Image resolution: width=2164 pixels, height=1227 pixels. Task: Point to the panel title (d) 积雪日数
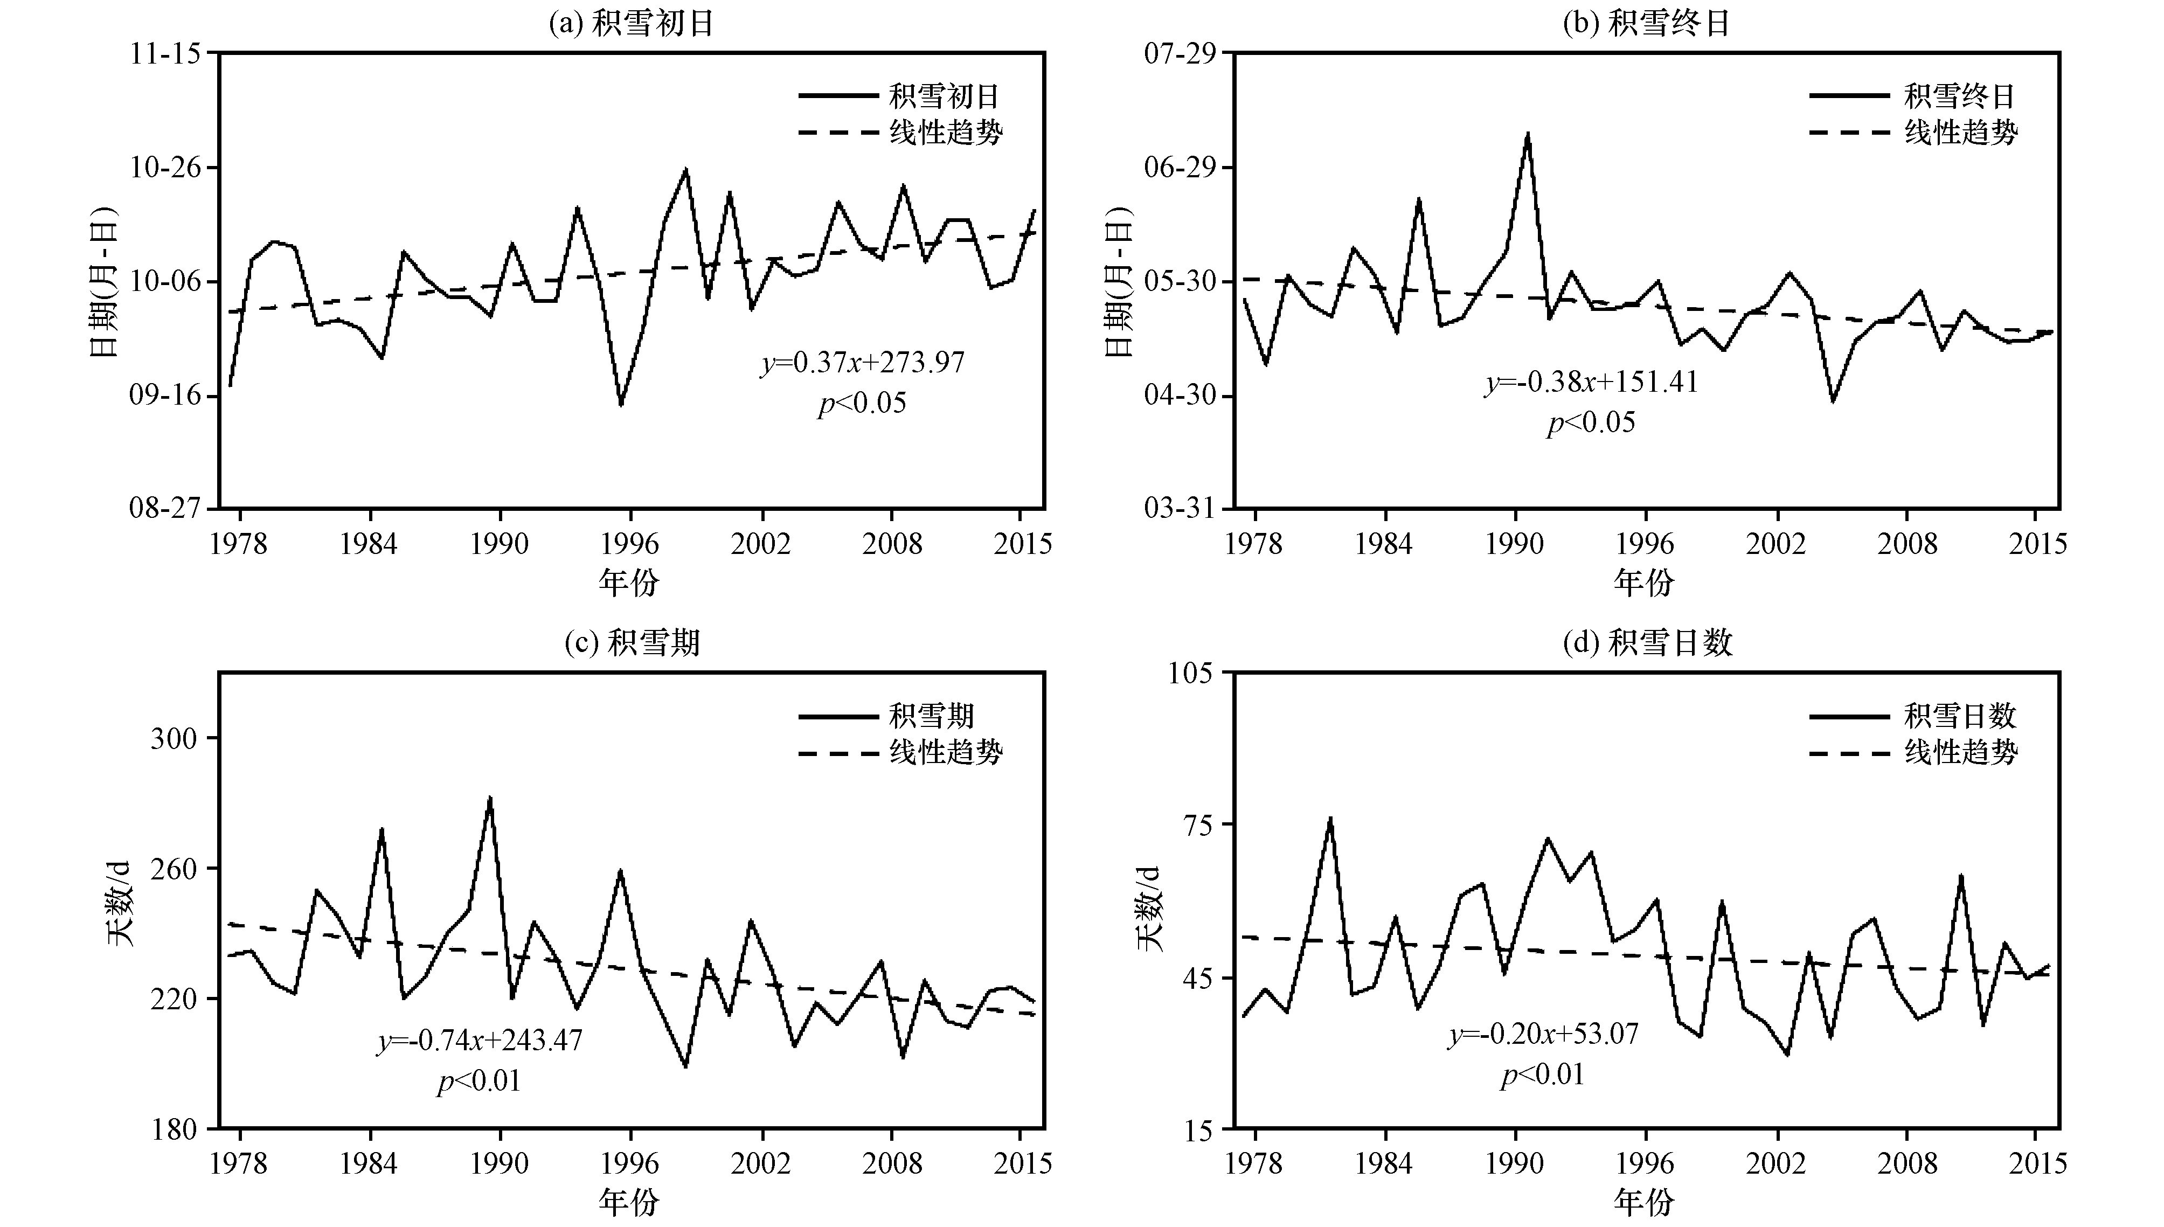[x=1647, y=643]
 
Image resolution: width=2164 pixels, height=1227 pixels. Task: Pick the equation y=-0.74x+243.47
[x=480, y=1040]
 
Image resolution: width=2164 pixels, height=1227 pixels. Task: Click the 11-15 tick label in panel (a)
[x=165, y=54]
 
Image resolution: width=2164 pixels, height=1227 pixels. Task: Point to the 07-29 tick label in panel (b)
[x=1180, y=54]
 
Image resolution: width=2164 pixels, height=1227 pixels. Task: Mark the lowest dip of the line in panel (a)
[x=621, y=405]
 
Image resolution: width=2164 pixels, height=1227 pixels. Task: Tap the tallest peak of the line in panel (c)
[x=490, y=797]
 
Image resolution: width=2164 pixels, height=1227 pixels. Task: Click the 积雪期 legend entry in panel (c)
[x=886, y=716]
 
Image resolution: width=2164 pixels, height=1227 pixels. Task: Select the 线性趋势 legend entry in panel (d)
[x=1913, y=752]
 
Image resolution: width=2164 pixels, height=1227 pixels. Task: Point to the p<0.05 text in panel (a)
[x=862, y=403]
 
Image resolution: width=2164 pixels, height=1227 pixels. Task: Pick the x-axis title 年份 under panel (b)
[x=1644, y=581]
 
